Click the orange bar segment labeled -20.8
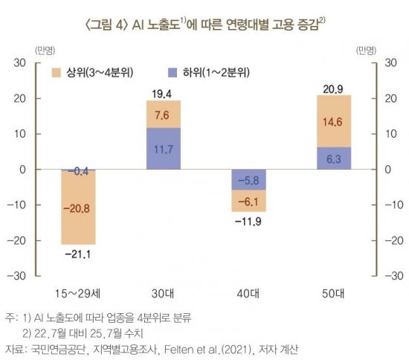click(x=78, y=208)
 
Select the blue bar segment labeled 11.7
click(x=163, y=149)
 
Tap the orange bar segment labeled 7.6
click(x=163, y=115)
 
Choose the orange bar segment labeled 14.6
click(x=333, y=121)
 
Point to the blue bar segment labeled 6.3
click(x=333, y=158)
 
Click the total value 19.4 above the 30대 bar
click(x=163, y=94)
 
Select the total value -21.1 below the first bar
click(x=78, y=256)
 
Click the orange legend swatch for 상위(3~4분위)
click(x=57, y=72)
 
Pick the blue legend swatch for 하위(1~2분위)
click(x=173, y=72)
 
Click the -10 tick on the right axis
click(x=387, y=205)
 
